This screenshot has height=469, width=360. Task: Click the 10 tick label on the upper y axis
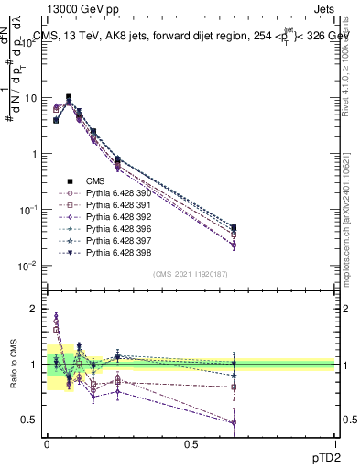(31, 97)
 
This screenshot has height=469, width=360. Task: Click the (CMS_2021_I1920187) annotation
(191, 275)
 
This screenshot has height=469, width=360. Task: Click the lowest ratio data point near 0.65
(234, 422)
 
